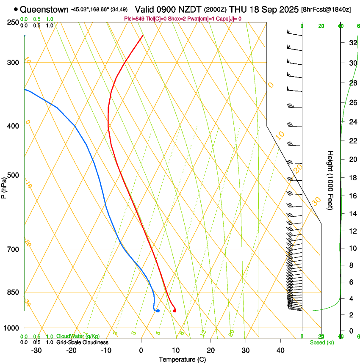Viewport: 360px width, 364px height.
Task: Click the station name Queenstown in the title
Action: [44, 9]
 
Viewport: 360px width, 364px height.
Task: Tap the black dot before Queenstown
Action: [16, 9]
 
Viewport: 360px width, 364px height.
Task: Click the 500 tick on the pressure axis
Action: [14, 175]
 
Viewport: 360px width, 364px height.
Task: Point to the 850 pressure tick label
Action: [14, 292]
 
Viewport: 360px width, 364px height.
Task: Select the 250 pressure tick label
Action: [14, 22]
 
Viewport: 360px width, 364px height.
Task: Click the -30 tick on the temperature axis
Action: [37, 350]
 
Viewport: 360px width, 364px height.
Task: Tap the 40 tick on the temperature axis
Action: [280, 350]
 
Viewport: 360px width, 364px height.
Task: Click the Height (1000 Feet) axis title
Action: [330, 180]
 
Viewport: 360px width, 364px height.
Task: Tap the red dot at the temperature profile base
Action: [174, 311]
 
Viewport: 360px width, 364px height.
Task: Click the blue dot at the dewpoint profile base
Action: [158, 311]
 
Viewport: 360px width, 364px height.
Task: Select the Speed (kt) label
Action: [321, 342]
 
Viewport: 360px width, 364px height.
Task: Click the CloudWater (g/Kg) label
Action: [75, 336]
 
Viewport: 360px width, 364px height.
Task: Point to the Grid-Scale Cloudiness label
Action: [82, 342]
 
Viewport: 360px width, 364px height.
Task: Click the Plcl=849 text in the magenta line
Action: [134, 18]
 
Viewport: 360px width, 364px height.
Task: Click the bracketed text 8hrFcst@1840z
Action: [326, 9]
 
